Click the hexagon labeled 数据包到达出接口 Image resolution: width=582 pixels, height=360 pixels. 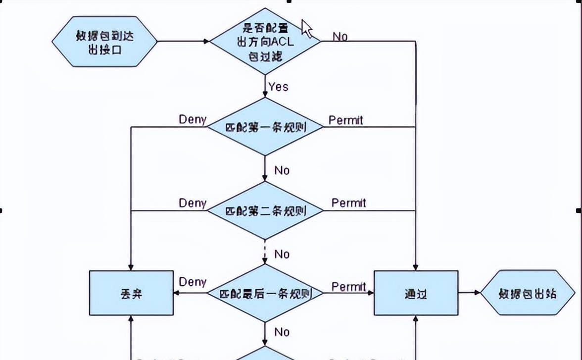tap(104, 44)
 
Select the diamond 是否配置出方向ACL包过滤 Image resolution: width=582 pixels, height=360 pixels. tap(266, 42)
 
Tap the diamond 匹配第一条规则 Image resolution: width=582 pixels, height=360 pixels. tap(266, 127)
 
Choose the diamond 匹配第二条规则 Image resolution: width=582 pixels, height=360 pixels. tap(266, 211)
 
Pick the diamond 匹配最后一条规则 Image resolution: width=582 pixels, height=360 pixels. tap(266, 294)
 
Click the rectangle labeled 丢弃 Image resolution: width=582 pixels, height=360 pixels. tap(131, 293)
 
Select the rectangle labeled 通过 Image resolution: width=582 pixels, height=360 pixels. tap(416, 293)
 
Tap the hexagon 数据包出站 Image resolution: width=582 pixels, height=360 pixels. tap(528, 293)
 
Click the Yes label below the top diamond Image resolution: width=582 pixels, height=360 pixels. tap(278, 87)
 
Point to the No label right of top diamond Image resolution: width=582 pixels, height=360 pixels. tap(340, 37)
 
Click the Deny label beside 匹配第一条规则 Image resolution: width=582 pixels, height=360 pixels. tap(193, 119)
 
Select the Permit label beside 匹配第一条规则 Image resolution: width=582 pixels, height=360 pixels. tap(345, 120)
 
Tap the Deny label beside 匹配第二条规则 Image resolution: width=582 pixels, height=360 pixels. tap(193, 203)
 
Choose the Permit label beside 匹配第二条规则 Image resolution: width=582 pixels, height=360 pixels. tap(348, 203)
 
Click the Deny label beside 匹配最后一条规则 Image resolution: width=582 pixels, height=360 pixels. tap(193, 282)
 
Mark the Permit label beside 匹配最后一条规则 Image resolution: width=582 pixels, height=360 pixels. tap(348, 287)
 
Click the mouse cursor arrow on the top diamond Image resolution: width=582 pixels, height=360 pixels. tap(306, 28)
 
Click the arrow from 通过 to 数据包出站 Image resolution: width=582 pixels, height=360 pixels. tap(469, 293)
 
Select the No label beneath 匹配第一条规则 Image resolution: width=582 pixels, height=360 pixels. tap(282, 170)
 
